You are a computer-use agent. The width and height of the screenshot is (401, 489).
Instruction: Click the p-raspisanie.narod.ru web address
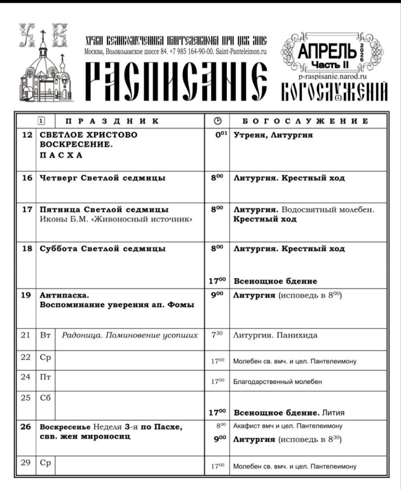[x=332, y=76]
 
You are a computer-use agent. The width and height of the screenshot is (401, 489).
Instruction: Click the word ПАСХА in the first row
[x=61, y=156]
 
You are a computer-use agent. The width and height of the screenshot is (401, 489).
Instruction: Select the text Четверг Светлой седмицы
[x=102, y=178]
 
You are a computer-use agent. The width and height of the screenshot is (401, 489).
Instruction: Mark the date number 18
[x=27, y=248]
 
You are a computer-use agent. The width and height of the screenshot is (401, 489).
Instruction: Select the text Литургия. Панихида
[x=275, y=335]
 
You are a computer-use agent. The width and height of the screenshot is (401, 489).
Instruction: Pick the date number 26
[x=27, y=427]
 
